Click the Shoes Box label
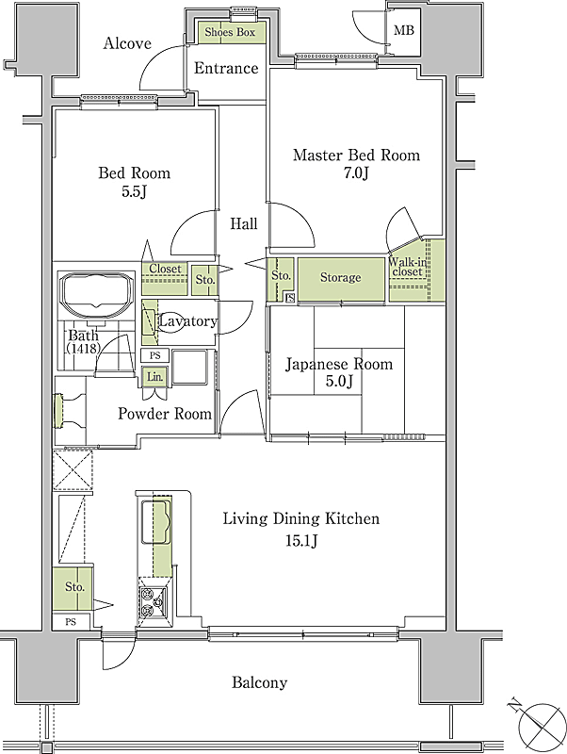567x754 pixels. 230,32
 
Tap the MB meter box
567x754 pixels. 404,30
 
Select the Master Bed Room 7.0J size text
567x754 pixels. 356,172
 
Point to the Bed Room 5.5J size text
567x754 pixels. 134,191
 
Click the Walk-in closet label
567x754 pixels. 408,267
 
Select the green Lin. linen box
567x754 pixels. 154,376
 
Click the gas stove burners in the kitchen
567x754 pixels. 154,601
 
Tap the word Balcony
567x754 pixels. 259,682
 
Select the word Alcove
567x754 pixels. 127,43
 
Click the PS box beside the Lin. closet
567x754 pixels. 154,356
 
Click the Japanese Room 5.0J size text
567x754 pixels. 339,382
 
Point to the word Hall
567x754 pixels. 244,223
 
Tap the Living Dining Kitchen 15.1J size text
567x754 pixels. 301,541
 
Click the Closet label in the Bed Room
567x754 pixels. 165,269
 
